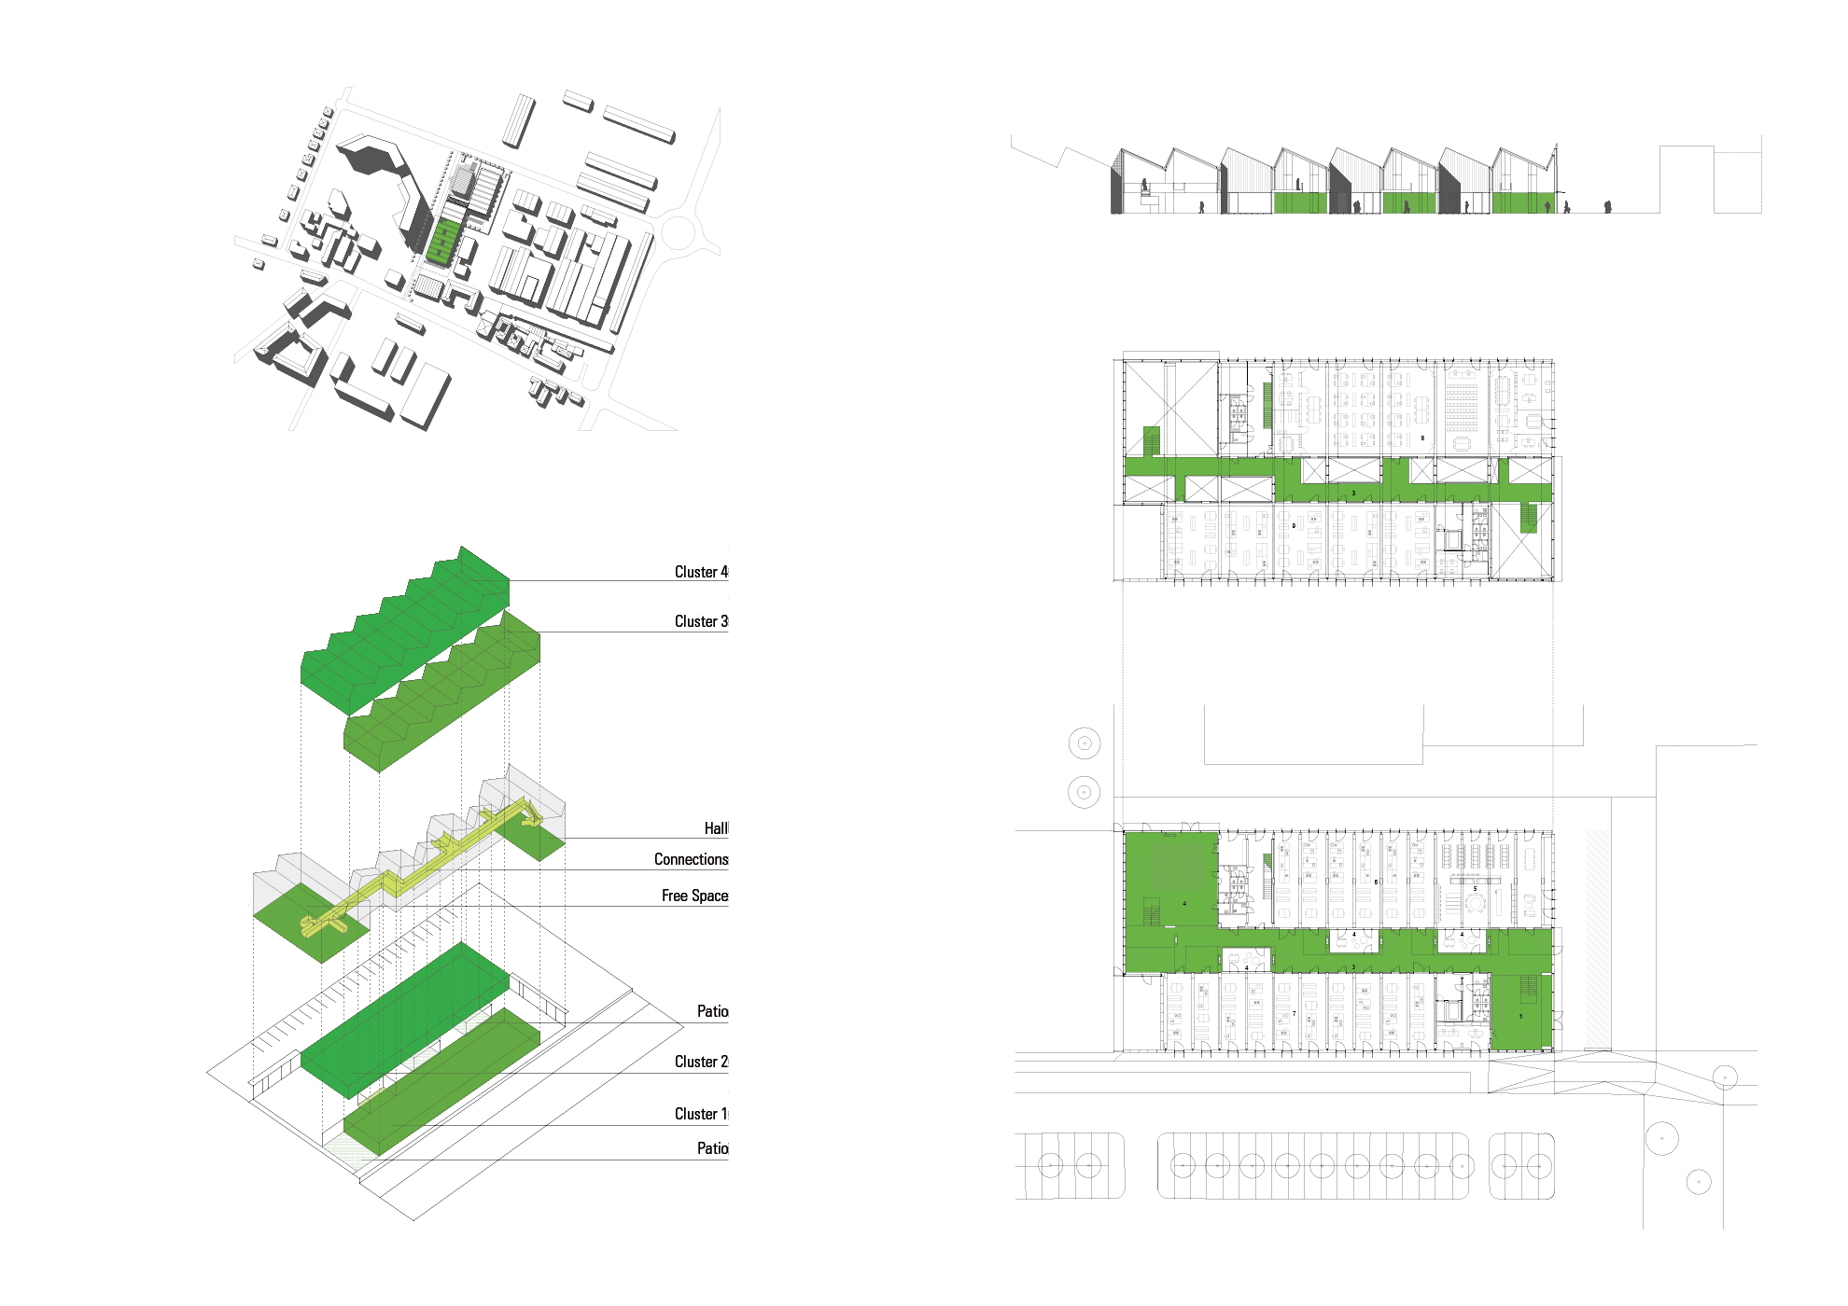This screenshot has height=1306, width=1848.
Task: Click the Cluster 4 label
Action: [701, 572]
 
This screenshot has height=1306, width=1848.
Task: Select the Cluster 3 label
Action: [701, 621]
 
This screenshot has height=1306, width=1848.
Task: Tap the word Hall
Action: [716, 828]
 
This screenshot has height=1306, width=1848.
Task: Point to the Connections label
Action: [691, 859]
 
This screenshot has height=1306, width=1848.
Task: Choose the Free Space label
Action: [694, 896]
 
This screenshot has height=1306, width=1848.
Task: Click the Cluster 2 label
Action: [701, 1062]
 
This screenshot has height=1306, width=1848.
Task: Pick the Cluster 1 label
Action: [701, 1114]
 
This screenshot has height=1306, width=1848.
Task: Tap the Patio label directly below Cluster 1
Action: [712, 1148]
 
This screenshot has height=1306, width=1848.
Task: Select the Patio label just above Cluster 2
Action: [712, 1011]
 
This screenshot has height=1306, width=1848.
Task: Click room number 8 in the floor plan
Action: [1422, 438]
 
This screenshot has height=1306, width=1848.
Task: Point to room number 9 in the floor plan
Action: [1294, 526]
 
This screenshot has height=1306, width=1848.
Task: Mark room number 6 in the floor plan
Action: [1376, 882]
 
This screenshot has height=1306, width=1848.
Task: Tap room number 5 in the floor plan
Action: [1476, 889]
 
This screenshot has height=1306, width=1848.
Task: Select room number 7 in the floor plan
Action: [1294, 1013]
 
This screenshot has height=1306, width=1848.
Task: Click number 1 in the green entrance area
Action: [1520, 1016]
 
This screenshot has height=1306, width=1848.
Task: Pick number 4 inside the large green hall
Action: [1184, 903]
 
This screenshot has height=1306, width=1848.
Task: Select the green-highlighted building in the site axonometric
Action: [444, 240]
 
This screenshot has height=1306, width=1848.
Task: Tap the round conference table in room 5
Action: [1475, 903]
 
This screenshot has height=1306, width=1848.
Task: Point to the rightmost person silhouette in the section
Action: [1607, 207]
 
